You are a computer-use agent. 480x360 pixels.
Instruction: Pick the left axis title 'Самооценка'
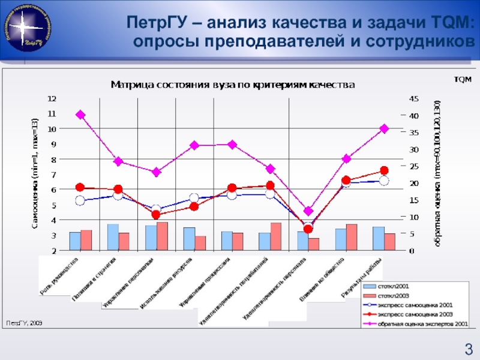(35, 174)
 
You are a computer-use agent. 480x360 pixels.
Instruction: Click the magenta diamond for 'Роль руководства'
(80, 115)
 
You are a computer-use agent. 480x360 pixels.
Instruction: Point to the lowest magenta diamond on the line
(308, 211)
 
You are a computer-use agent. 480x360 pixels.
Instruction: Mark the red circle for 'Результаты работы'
(384, 171)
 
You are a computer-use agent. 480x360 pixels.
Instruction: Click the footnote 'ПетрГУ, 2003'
(24, 323)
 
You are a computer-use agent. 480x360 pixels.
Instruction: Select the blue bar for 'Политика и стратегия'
(113, 237)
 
